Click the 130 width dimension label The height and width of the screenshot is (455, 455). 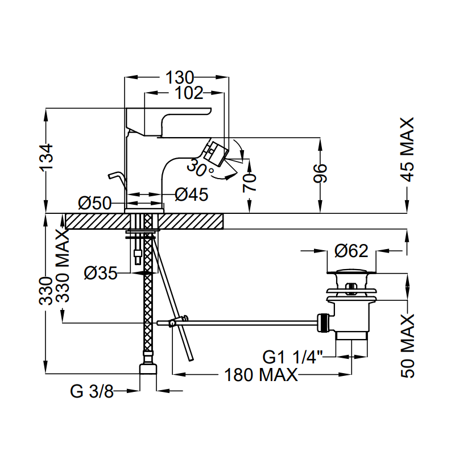180,77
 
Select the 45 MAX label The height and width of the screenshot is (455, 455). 407,149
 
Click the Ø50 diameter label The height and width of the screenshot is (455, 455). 94,202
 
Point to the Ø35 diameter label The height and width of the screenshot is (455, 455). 101,274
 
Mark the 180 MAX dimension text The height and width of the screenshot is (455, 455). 260,375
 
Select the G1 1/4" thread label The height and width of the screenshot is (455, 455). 293,357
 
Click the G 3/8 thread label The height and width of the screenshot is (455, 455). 92,391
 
